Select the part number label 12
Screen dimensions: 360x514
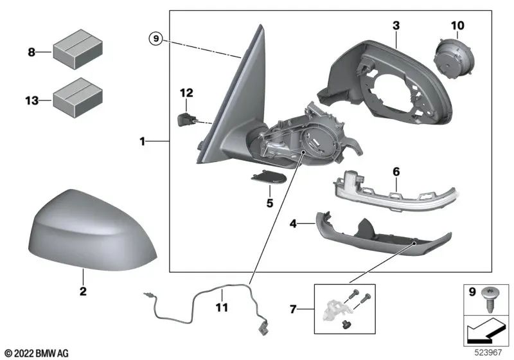(x=186, y=94)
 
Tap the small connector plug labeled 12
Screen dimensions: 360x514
(x=185, y=118)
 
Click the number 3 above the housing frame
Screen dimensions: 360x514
(x=396, y=26)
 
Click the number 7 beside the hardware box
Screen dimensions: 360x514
(x=293, y=310)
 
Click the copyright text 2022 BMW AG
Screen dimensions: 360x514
(x=37, y=353)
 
